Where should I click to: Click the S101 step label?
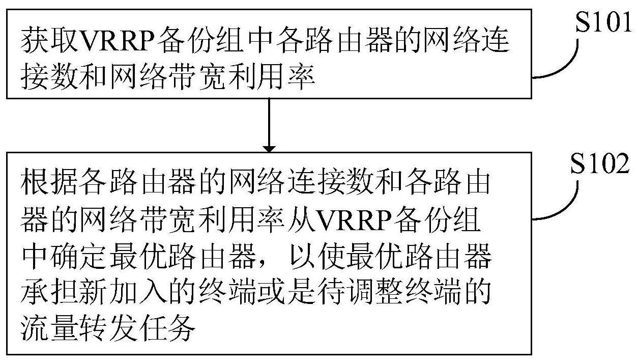[605, 23]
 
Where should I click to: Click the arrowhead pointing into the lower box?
[269, 147]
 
